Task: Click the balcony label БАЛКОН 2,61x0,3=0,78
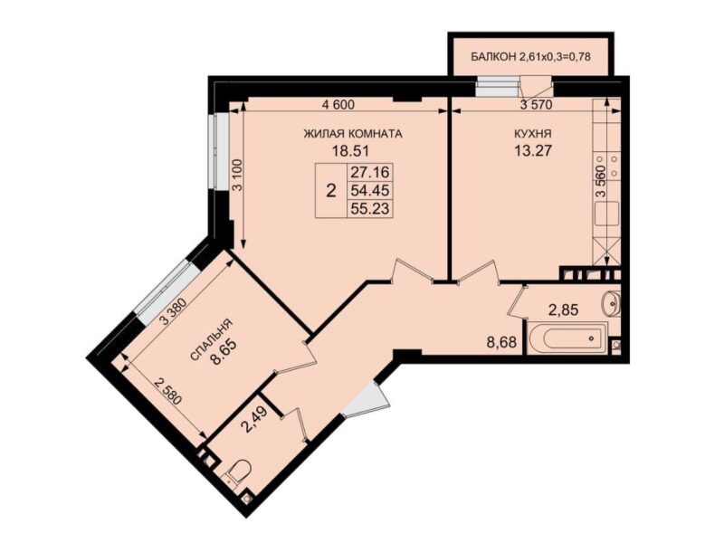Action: (x=531, y=57)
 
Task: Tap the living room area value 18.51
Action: (x=352, y=150)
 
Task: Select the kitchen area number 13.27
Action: (x=533, y=150)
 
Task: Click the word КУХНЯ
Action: (x=533, y=134)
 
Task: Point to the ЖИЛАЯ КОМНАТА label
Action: (x=353, y=134)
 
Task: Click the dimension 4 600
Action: (x=338, y=105)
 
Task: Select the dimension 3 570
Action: (x=536, y=105)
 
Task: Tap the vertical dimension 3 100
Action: (x=237, y=175)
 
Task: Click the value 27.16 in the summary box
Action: (x=370, y=173)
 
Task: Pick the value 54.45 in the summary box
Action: (x=370, y=190)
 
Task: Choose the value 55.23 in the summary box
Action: (x=370, y=208)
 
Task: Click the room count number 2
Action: (x=330, y=190)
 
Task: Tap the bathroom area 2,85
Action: (x=563, y=310)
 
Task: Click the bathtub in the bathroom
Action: (x=567, y=338)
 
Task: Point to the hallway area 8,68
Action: (x=501, y=342)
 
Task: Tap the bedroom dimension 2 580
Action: (x=169, y=392)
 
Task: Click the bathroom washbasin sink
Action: (x=611, y=303)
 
